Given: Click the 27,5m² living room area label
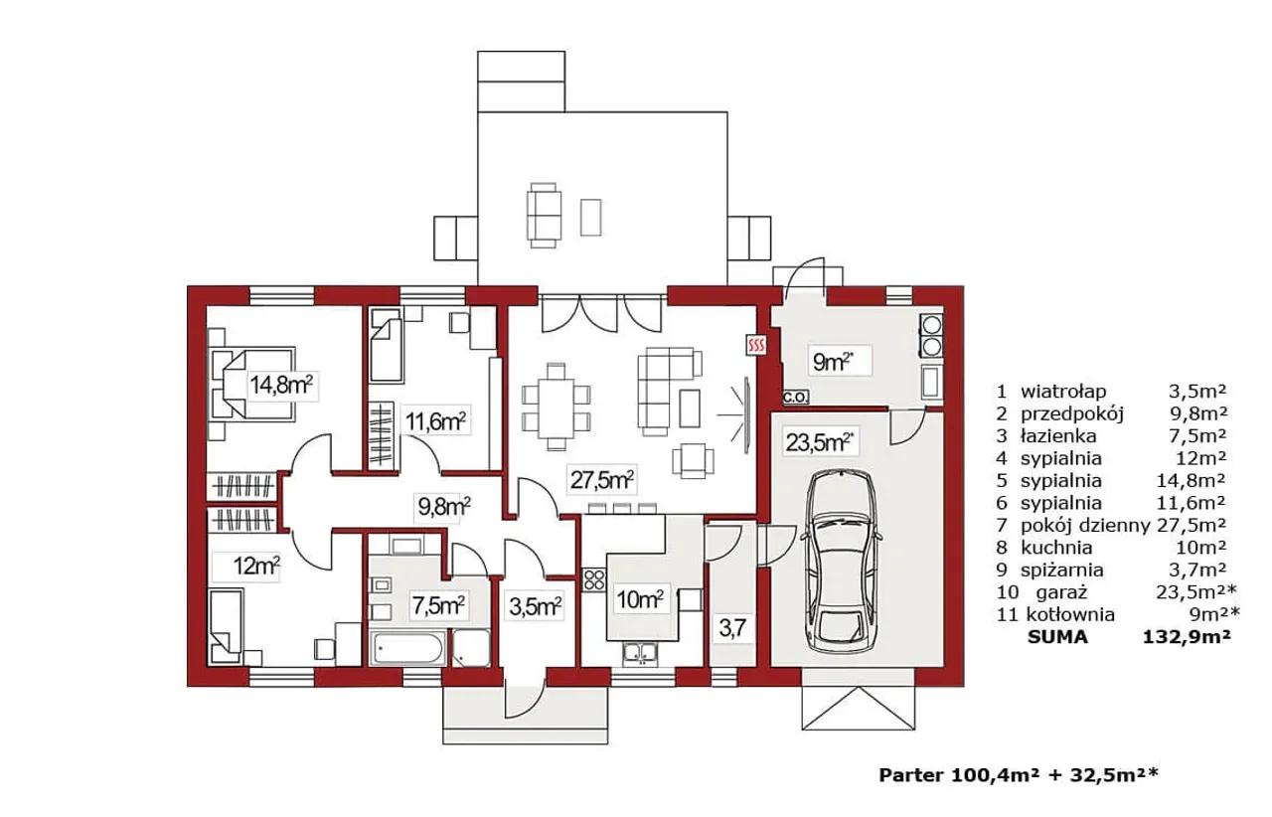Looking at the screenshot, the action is (602, 480).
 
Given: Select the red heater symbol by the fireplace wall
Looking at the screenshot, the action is (756, 344).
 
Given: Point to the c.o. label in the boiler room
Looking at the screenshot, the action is (795, 397).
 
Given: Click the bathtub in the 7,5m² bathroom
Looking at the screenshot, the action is (407, 648).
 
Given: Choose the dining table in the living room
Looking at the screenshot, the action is (556, 408).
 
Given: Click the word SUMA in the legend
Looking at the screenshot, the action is (1058, 637).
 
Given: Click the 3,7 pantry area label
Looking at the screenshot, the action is (732, 629).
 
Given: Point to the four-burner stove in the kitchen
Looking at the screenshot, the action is (594, 580).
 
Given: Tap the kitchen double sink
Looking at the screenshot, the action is (640, 653).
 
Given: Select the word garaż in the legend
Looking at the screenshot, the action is (1061, 592).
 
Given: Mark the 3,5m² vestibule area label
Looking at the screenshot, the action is (536, 606).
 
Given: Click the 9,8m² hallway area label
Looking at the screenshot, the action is (444, 506).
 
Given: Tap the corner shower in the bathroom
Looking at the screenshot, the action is (471, 648).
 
